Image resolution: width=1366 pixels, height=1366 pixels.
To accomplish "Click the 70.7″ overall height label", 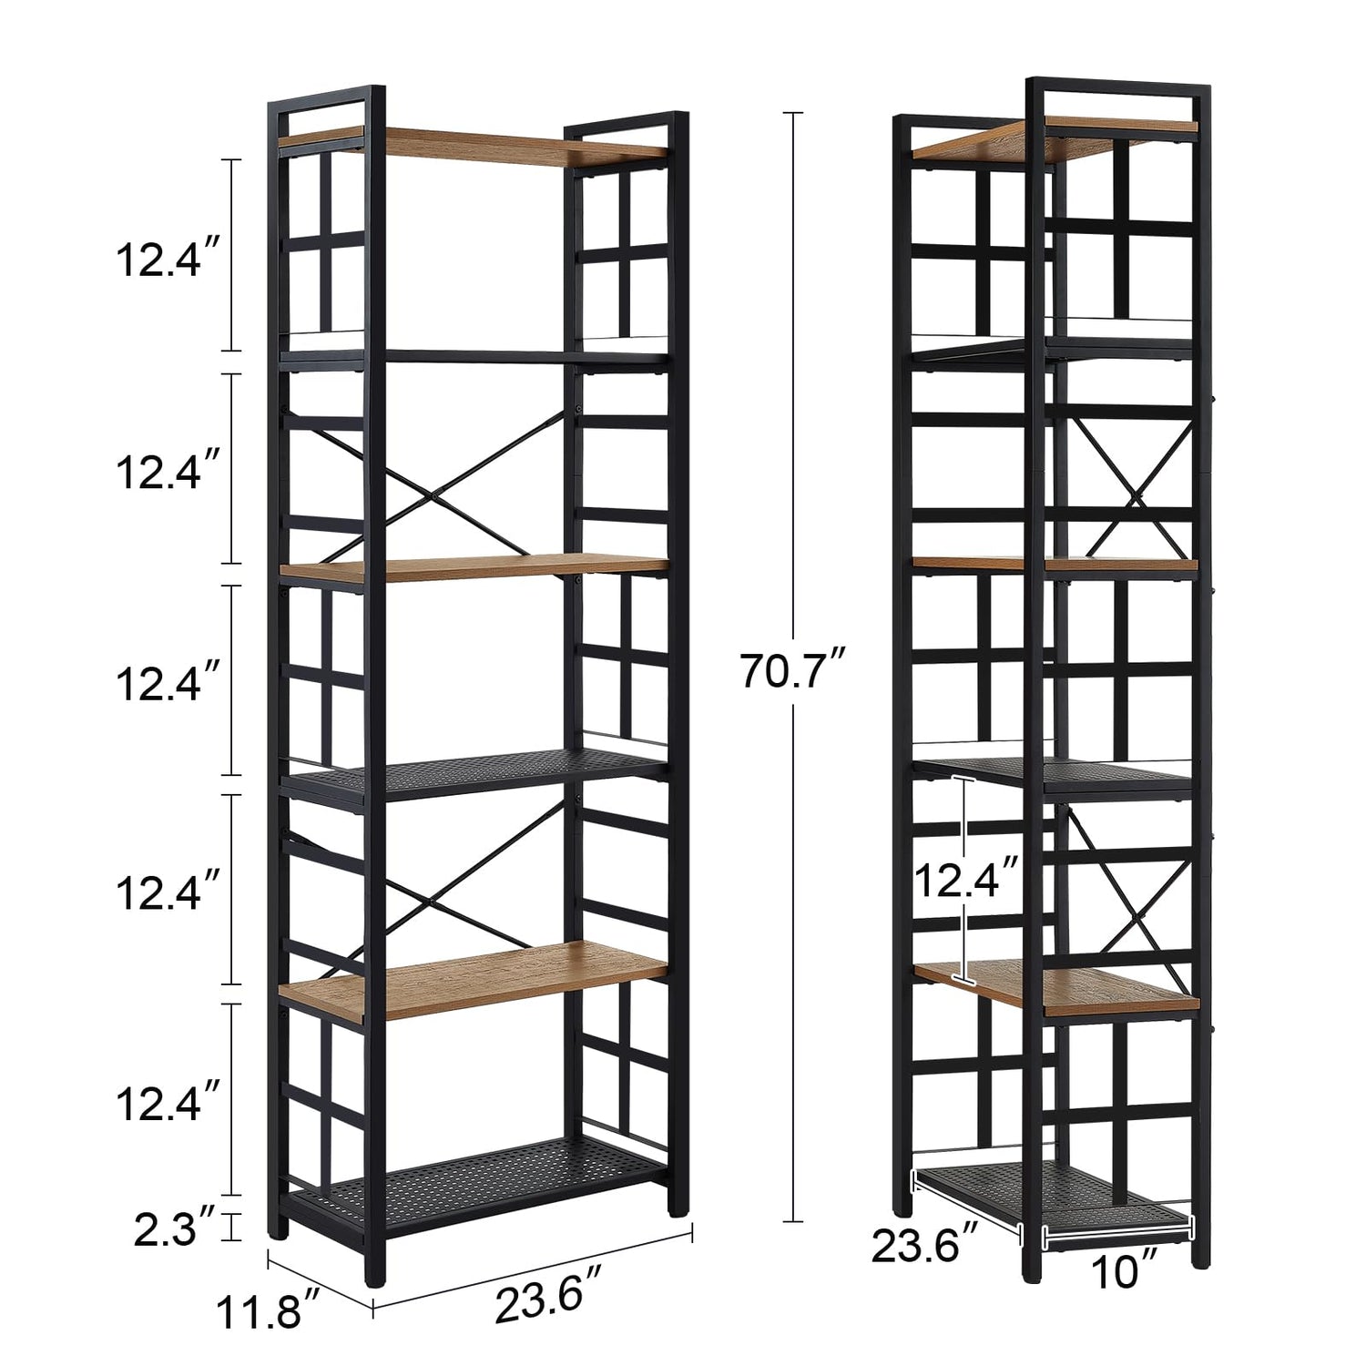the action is [795, 672].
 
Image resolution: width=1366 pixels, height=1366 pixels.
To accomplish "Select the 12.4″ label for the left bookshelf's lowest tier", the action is [168, 1105].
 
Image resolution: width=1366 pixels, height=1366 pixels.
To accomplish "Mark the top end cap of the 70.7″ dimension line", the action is [793, 113].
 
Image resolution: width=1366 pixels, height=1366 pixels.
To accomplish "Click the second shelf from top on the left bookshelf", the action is [474, 356].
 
